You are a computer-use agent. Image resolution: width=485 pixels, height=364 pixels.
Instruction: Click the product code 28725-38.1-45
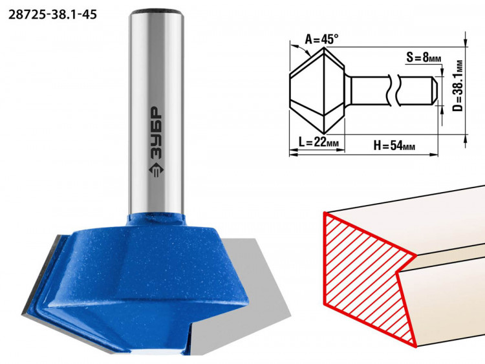(52, 14)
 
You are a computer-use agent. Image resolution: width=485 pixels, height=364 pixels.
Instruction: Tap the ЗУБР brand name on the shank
(156, 133)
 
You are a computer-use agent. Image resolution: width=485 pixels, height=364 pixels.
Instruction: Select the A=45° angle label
(321, 39)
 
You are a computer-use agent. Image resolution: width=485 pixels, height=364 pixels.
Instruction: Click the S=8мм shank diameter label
(424, 57)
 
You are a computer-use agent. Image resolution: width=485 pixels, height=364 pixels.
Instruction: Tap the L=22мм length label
(319, 143)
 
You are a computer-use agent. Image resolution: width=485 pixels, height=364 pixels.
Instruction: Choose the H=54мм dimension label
(394, 145)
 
